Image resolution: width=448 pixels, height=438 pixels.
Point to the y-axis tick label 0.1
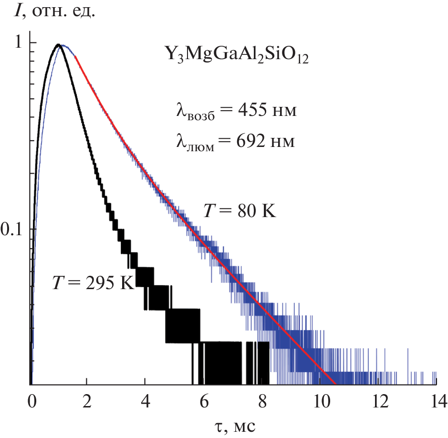point(12,229)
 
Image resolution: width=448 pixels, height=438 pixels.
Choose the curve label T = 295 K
point(93,283)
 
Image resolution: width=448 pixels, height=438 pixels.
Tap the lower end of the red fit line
point(335,384)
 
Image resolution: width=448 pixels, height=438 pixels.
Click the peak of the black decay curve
point(58,45)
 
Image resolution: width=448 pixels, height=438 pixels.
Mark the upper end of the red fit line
point(76,57)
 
